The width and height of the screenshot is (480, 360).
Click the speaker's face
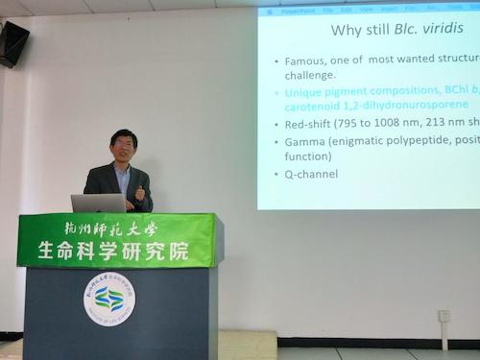(x=123, y=147)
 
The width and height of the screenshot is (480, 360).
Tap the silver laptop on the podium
(x=98, y=203)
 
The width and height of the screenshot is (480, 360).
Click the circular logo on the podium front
(x=108, y=299)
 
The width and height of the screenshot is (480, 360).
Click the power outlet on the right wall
(x=444, y=316)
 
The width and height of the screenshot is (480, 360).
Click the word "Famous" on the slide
(x=306, y=60)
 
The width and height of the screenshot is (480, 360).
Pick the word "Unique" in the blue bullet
(x=306, y=92)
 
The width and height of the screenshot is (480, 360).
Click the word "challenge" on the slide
(x=310, y=75)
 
